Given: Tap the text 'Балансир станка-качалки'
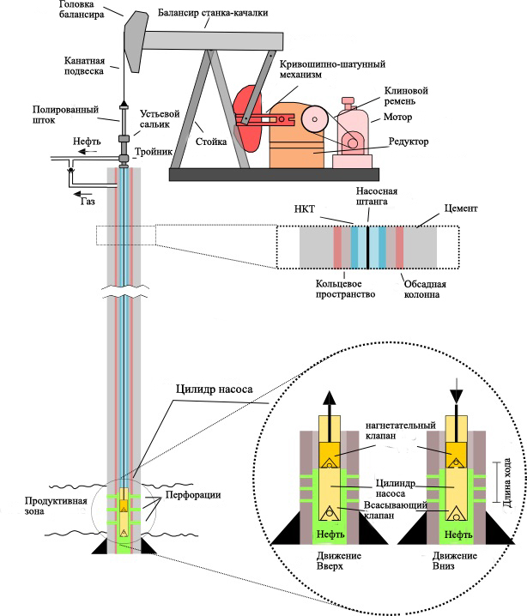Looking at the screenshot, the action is pos(213,13).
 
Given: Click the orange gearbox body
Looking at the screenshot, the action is pos(296,135).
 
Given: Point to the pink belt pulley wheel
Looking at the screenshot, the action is pos(315,119).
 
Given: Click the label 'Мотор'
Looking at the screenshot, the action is pos(397,117).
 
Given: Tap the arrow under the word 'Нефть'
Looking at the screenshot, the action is pos(87,152).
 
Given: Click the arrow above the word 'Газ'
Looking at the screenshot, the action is pos(83,193).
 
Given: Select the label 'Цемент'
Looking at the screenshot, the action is pos(461,208).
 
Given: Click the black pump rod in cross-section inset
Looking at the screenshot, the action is pos(367,247).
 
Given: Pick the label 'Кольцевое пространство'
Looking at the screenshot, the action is pos(345,289).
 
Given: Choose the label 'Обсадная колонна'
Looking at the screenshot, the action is pos(425,289).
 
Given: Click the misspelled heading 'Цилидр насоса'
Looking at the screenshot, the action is pos(215,390).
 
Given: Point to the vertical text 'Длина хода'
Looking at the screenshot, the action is pos(507,483).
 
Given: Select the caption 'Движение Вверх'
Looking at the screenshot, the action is pos(339,561).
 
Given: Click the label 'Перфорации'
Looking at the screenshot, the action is pos(193,495).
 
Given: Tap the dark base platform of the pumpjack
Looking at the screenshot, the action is pos(275,174).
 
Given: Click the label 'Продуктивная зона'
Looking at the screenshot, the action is pos(56,506).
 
